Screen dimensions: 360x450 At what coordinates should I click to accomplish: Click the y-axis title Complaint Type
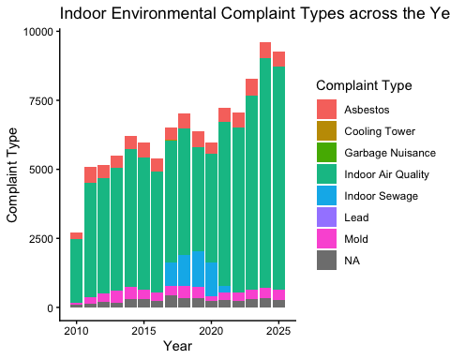(13, 174)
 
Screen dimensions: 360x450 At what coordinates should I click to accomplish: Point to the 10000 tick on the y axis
(38, 32)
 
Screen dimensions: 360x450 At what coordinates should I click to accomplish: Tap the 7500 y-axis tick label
(41, 101)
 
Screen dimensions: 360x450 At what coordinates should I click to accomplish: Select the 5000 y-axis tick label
(41, 170)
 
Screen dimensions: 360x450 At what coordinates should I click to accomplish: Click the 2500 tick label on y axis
(41, 239)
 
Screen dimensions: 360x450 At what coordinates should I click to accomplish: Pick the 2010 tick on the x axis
(76, 331)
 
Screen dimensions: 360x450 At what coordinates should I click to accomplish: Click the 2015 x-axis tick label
(143, 331)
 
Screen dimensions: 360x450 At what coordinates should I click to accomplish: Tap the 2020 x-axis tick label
(211, 331)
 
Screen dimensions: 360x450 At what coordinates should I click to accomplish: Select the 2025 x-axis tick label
(278, 331)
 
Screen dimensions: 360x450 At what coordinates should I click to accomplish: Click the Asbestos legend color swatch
(326, 110)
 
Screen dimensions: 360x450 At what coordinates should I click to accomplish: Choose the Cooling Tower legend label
(380, 131)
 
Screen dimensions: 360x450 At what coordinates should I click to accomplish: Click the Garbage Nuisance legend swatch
(326, 153)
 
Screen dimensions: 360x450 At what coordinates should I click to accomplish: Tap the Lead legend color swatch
(326, 217)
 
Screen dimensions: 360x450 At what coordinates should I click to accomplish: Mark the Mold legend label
(356, 239)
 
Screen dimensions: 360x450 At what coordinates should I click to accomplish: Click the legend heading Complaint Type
(364, 86)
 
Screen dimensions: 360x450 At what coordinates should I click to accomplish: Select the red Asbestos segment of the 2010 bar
(76, 236)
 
